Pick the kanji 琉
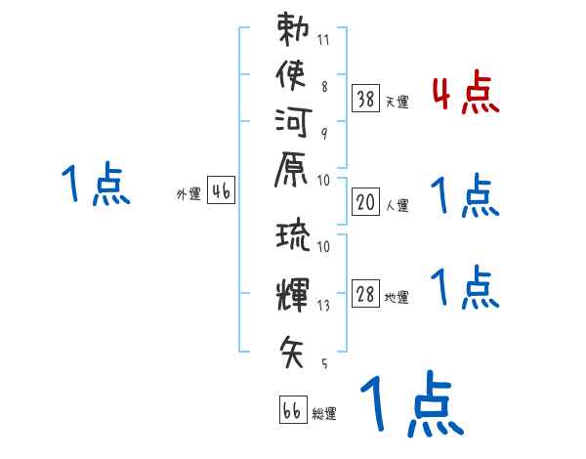tap(293, 237)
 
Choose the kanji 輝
tap(293, 290)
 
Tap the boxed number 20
tap(365, 202)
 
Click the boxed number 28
tap(365, 295)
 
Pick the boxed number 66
tap(292, 410)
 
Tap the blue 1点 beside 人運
tap(465, 196)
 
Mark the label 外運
tap(188, 194)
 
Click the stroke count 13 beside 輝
tap(323, 305)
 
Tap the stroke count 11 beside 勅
tap(324, 41)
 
